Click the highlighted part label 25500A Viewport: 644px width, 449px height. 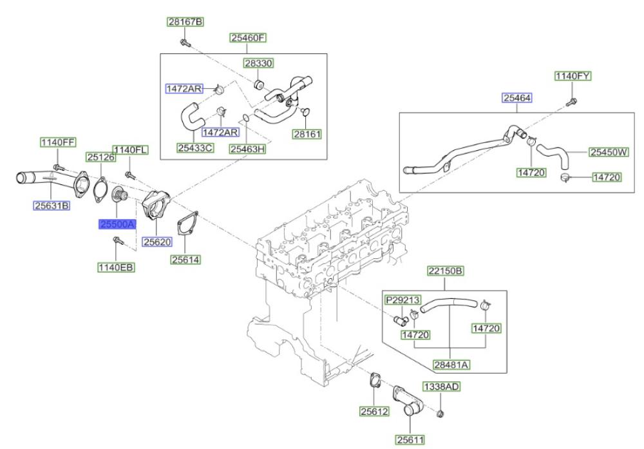[117, 224]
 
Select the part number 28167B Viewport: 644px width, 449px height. [185, 22]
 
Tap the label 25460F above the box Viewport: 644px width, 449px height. [248, 38]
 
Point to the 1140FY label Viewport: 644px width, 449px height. [573, 76]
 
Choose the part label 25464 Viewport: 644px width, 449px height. [517, 98]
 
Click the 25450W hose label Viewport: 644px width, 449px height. [609, 152]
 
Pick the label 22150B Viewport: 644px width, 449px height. [446, 271]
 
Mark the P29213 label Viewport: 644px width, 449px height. [402, 300]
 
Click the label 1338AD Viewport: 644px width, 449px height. [442, 387]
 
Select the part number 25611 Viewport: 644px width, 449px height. [410, 439]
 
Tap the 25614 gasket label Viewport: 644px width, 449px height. [185, 260]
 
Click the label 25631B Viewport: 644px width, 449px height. [52, 205]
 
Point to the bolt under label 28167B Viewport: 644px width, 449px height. [185, 43]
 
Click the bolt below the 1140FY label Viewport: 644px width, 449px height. [571, 102]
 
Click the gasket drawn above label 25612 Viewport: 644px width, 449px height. [375, 380]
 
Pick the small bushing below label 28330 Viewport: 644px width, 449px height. [259, 84]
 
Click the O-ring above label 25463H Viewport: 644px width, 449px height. [245, 119]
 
